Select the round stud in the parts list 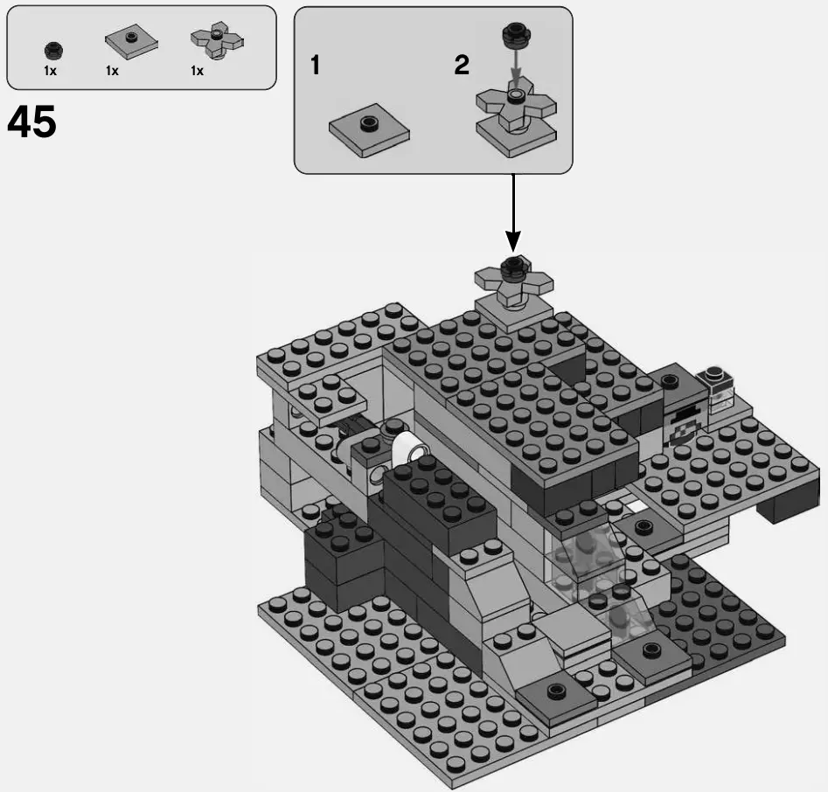click(53, 49)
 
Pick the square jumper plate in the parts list click(131, 42)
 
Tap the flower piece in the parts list click(215, 40)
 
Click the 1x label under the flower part click(198, 72)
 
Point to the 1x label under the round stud click(51, 72)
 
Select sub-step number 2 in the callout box click(461, 66)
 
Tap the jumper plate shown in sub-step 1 click(369, 133)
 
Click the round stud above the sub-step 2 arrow click(516, 37)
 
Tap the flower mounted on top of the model click(514, 279)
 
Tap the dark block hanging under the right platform click(789, 507)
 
